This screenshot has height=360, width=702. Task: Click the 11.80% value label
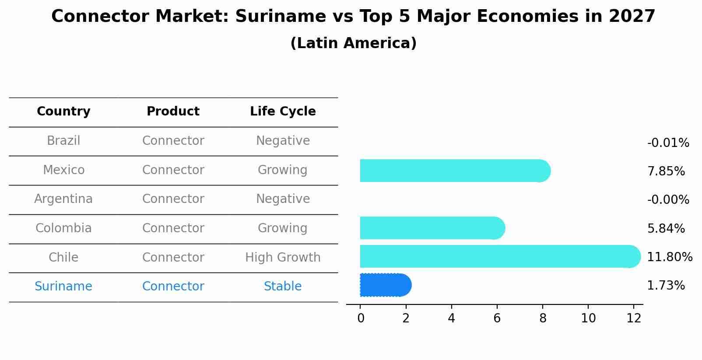point(669,257)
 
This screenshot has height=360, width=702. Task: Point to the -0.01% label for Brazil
point(668,143)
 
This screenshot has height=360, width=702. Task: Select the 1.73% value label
point(666,286)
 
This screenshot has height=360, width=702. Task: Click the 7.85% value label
point(666,171)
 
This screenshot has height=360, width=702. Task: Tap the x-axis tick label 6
point(497,318)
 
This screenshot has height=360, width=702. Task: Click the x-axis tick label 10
point(588,318)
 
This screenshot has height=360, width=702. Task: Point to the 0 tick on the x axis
point(361,318)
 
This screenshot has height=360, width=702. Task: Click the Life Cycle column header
point(283,112)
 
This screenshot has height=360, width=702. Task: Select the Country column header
point(63,112)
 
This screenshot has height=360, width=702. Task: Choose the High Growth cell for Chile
point(283,257)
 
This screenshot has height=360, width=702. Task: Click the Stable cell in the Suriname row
point(283,287)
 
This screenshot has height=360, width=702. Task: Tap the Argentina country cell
point(63,199)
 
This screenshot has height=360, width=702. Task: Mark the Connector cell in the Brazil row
point(173,141)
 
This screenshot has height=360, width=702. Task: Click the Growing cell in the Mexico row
point(283,170)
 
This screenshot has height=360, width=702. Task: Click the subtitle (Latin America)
point(353,43)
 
